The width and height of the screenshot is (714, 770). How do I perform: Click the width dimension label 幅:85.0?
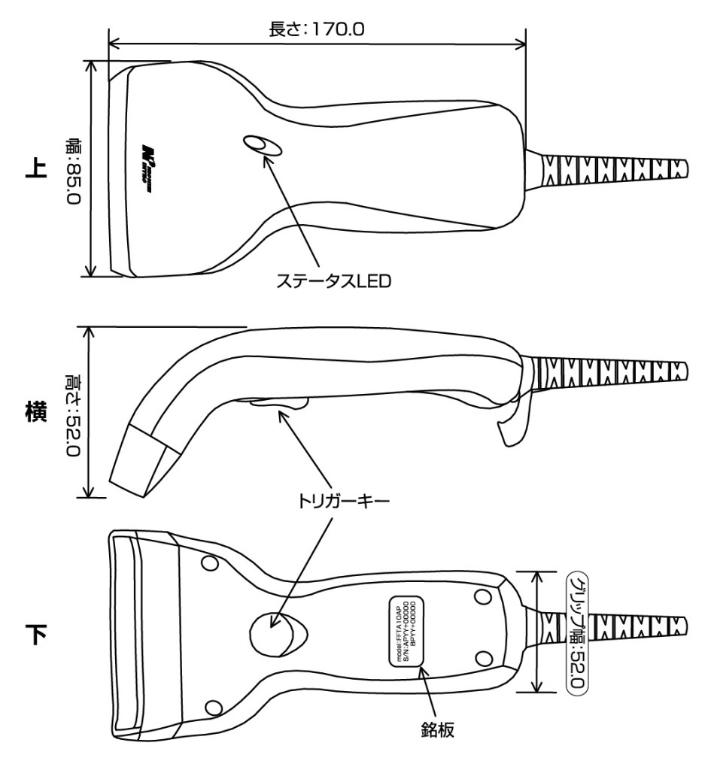click(75, 167)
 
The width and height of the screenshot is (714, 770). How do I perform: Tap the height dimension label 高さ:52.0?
click(74, 411)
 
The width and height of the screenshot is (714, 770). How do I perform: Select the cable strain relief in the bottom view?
click(613, 628)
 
